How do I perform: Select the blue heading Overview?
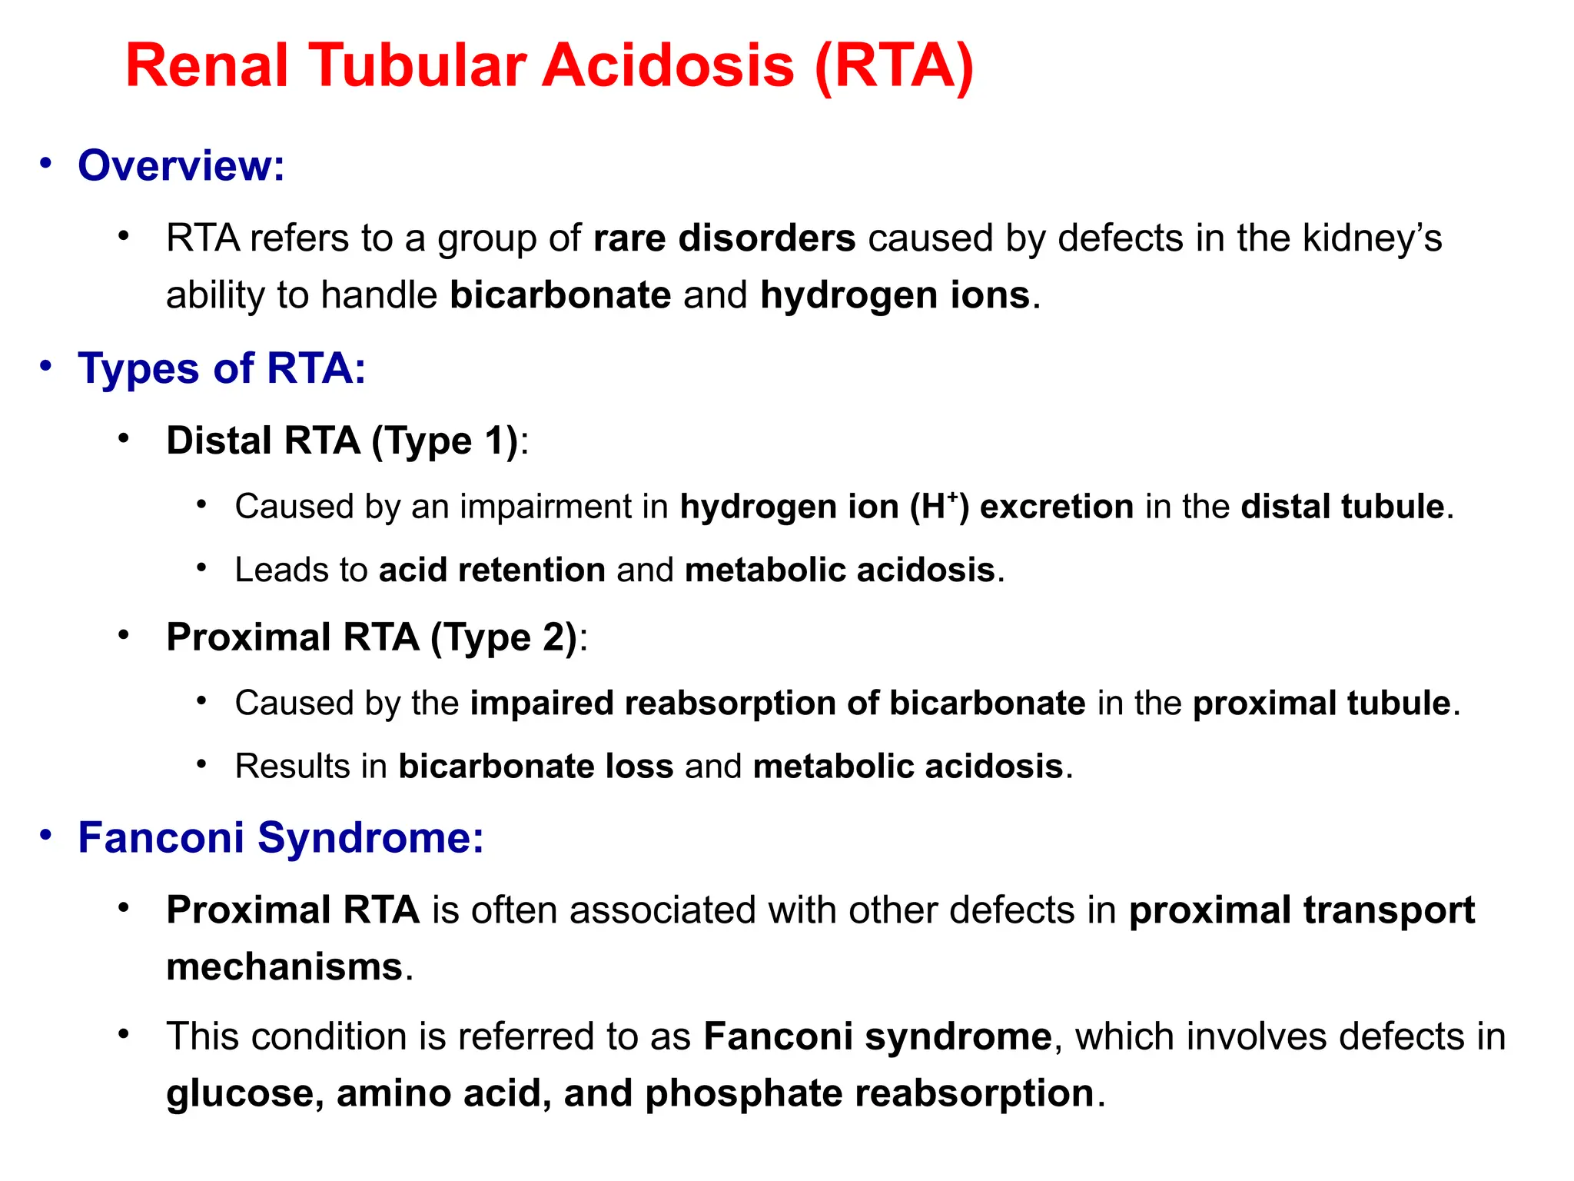(181, 165)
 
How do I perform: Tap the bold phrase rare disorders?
(724, 238)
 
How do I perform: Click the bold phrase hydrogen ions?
(895, 295)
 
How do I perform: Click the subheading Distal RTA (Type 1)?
(342, 441)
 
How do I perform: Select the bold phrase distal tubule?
(1342, 507)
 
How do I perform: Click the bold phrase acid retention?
(492, 570)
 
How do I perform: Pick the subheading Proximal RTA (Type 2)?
(371, 637)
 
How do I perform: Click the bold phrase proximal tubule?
(1321, 704)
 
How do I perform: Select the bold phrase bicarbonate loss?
(536, 766)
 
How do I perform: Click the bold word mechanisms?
(284, 966)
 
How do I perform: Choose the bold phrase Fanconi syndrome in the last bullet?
(877, 1036)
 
